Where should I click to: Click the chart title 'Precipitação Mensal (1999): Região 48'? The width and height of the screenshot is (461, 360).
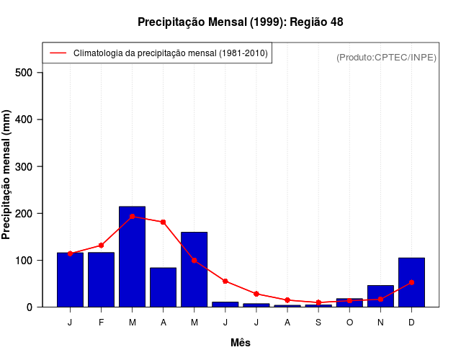240,22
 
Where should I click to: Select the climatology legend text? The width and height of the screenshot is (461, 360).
171,53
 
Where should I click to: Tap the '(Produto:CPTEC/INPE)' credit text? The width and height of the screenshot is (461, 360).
386,57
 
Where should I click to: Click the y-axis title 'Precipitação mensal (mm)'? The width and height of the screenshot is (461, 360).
7,175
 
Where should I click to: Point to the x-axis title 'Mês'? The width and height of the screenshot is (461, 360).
241,343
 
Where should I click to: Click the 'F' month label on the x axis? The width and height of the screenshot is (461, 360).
102,323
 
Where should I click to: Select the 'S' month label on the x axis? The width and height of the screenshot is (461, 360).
318,323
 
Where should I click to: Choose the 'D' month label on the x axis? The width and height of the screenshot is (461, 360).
411,323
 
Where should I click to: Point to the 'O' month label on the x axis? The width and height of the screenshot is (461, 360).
349,323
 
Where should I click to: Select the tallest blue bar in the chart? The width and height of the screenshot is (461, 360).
133,256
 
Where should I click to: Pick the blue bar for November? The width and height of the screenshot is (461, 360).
380,296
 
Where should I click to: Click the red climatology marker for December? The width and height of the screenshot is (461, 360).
411,282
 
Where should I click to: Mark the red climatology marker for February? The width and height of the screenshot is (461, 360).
102,246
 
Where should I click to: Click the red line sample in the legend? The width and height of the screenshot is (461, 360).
58,53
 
